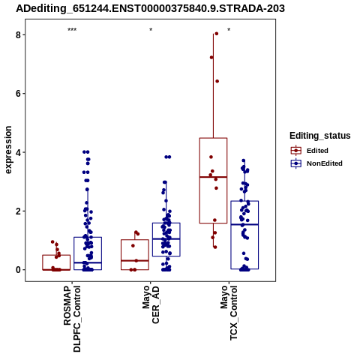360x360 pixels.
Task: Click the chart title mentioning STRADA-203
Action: [x=150, y=8]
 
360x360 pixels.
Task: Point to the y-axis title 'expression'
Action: [x=8, y=150]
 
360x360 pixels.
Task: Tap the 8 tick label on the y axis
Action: [x=18, y=35]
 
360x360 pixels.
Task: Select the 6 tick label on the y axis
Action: [x=18, y=94]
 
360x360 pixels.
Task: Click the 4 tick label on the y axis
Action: [x=18, y=152]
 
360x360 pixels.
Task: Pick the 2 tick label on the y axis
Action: [x=18, y=211]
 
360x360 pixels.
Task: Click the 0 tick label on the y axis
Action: [x=18, y=270]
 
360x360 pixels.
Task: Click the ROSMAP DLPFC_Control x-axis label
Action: [x=72, y=319]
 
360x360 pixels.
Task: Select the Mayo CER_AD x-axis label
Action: [x=151, y=304]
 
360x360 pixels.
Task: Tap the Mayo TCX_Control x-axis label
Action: [x=229, y=313]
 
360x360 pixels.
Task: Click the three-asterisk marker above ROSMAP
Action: [x=72, y=30]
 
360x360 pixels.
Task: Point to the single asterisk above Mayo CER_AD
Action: [x=151, y=30]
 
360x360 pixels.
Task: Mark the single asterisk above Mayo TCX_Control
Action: [x=229, y=30]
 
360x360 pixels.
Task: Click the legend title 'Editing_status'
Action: [x=320, y=136]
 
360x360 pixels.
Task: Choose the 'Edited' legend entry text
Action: [x=317, y=151]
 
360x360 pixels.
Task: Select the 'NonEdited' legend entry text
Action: [x=325, y=163]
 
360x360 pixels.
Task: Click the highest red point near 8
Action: [x=217, y=34]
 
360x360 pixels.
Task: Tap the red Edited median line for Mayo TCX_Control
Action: [x=213, y=177]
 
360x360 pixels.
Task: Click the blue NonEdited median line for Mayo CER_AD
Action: [x=166, y=238]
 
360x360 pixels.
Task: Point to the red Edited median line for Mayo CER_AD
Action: [x=135, y=260]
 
